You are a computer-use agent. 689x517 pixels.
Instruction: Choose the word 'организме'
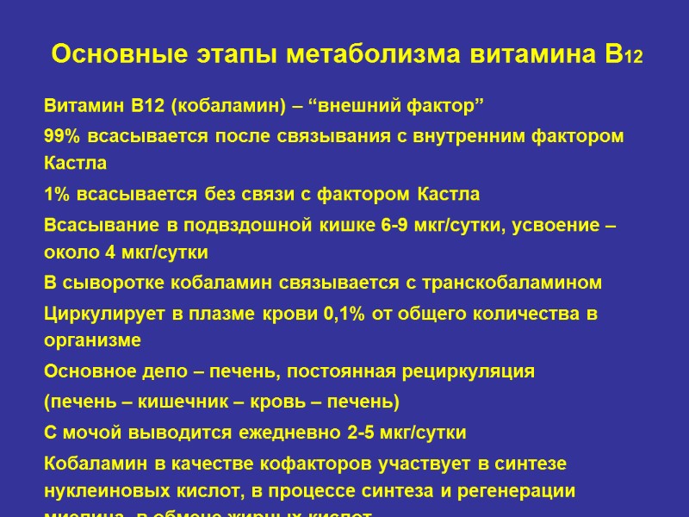(x=92, y=341)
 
